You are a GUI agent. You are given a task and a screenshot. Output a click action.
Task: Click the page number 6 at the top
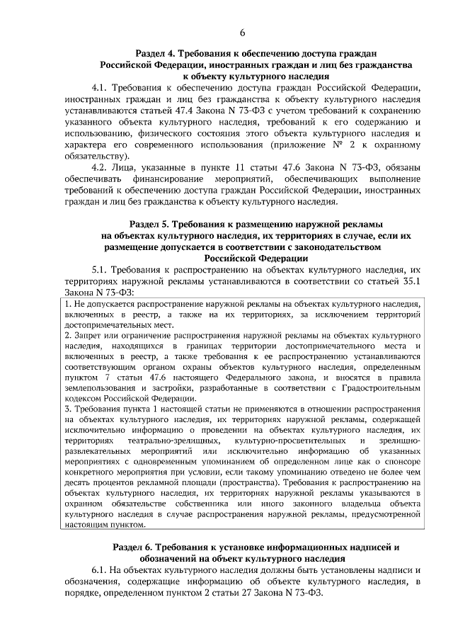(241, 33)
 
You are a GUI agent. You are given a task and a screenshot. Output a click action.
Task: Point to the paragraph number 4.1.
(100, 87)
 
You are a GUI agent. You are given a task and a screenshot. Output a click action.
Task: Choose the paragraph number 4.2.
(100, 167)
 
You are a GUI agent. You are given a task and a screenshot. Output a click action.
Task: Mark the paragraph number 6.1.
(100, 569)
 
